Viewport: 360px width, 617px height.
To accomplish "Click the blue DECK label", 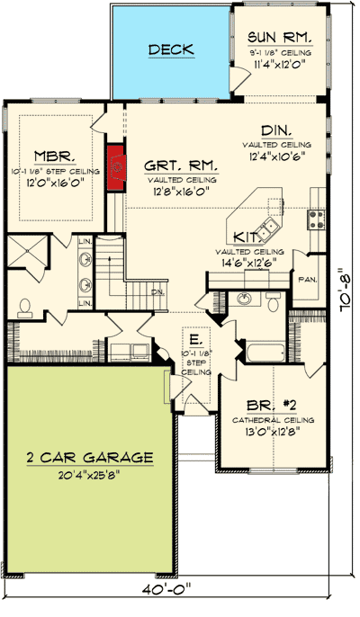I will coord(171,49).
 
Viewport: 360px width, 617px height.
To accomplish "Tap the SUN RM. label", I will coord(280,38).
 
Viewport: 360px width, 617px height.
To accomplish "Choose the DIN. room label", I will coord(276,130).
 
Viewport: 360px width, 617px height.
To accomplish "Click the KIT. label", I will coord(247,236).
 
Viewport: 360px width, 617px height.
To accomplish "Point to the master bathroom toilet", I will coord(24,307).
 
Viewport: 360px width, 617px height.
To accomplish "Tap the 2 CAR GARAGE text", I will coord(89,457).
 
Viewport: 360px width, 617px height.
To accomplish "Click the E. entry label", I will coord(194,340).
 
